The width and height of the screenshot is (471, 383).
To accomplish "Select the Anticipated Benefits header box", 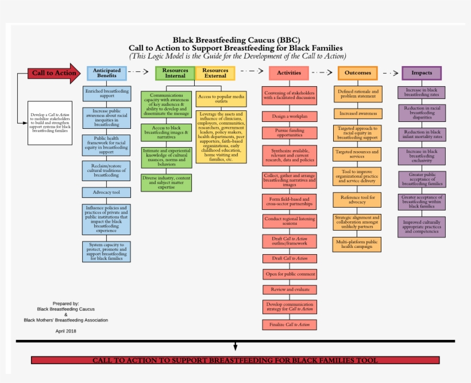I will click(x=107, y=73).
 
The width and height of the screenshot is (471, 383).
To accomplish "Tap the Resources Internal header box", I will click(x=175, y=73).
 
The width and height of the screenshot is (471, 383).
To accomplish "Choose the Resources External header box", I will click(x=215, y=73).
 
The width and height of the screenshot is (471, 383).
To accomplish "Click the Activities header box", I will click(x=289, y=73).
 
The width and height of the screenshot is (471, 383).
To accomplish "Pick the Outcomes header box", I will click(x=358, y=73).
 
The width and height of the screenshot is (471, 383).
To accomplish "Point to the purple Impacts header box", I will click(x=422, y=73).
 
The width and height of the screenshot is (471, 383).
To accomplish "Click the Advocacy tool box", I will click(x=106, y=192).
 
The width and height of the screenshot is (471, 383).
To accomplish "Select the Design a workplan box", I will click(x=289, y=116).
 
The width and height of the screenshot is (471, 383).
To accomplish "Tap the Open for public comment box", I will click(x=289, y=274).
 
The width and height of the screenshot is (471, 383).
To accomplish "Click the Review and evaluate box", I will click(x=289, y=290).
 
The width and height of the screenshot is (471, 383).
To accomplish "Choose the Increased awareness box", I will click(x=358, y=113).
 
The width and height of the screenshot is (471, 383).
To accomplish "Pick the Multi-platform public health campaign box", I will click(x=358, y=244).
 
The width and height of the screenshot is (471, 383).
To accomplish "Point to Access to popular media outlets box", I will click(x=221, y=98).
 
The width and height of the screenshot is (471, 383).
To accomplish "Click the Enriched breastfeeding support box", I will click(x=107, y=94).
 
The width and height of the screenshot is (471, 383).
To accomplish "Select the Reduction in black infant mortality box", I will click(x=422, y=134).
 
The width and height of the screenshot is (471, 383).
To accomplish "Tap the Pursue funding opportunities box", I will click(x=289, y=133).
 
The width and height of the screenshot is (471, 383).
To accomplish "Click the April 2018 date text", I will click(x=66, y=331).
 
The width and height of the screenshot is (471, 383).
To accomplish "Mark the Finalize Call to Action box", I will click(x=289, y=324).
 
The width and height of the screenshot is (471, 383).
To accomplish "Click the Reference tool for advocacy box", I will click(x=358, y=200).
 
